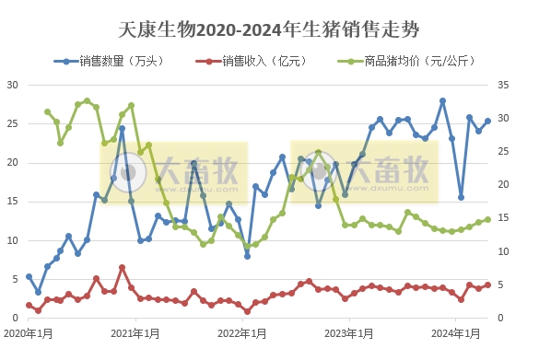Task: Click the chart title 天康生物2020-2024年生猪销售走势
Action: [269, 29]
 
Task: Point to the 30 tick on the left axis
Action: [13, 85]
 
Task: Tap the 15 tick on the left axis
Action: [13, 202]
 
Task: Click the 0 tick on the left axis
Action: [16, 318]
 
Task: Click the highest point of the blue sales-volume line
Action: [443, 100]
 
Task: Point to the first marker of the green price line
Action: [47, 112]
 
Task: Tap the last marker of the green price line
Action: [487, 219]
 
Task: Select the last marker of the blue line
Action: [487, 121]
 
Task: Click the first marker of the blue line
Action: [29, 276]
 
